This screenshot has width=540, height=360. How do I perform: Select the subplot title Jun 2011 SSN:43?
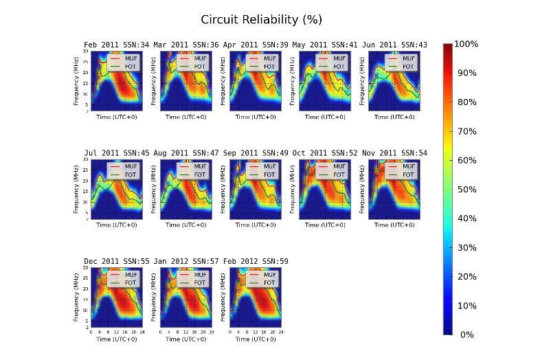tap(394, 45)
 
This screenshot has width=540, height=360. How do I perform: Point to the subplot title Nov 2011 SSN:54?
tap(394, 153)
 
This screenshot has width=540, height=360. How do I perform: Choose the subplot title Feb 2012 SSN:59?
tap(256, 262)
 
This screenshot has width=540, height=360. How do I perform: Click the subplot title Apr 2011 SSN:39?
tap(256, 45)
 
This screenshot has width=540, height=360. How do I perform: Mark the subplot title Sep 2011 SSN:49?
tap(256, 153)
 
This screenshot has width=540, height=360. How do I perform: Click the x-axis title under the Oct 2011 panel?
tap(325, 225)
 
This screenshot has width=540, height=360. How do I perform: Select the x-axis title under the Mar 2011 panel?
tap(186, 117)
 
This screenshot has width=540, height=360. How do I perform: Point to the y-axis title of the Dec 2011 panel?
tap(76, 297)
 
